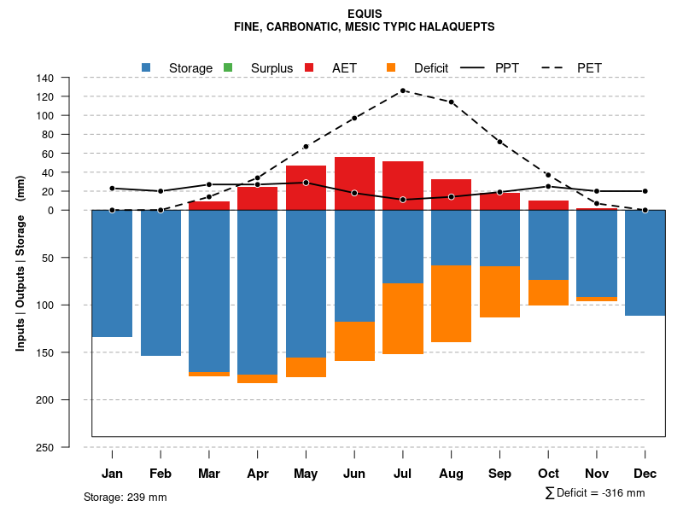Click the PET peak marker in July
click(x=403, y=90)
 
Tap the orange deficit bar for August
click(x=452, y=304)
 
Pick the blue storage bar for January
click(x=112, y=273)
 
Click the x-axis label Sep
click(x=500, y=474)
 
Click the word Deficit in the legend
click(x=431, y=67)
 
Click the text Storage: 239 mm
click(x=125, y=497)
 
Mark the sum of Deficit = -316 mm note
click(x=594, y=493)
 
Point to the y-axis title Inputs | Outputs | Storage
click(x=20, y=263)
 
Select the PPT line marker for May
click(x=306, y=183)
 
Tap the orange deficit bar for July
click(x=403, y=318)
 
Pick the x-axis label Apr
click(x=258, y=474)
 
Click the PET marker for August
click(x=452, y=102)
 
